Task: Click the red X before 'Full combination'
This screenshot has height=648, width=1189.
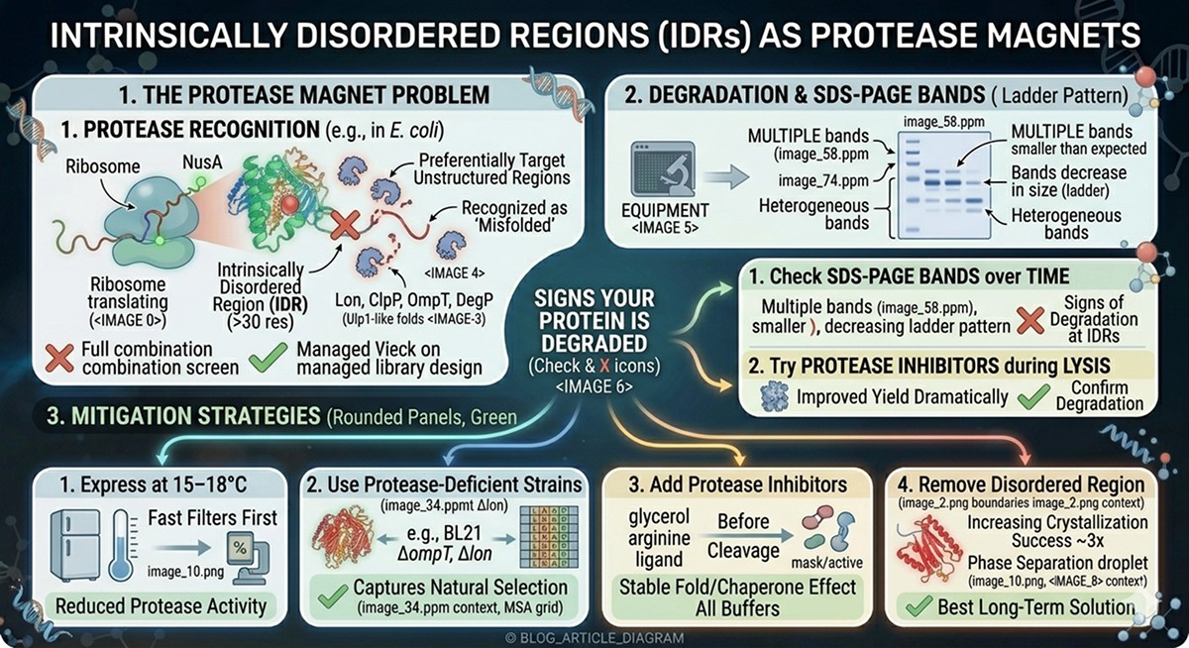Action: [59, 358]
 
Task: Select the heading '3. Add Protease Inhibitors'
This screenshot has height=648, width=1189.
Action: [737, 485]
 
